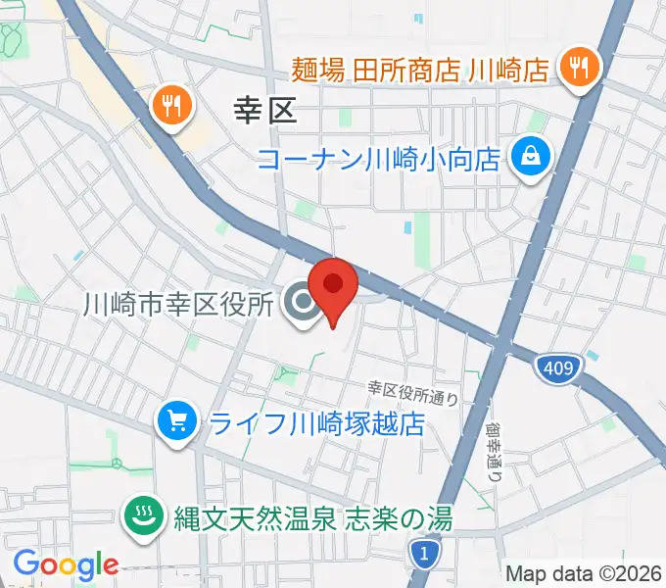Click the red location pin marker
click(332, 286)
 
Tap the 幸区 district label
click(265, 111)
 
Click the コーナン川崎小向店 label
click(380, 157)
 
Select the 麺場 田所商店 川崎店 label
click(421, 70)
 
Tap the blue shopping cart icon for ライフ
click(177, 422)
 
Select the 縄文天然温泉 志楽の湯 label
click(314, 516)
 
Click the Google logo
click(66, 564)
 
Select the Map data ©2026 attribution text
click(584, 574)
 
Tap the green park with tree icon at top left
click(14, 39)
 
